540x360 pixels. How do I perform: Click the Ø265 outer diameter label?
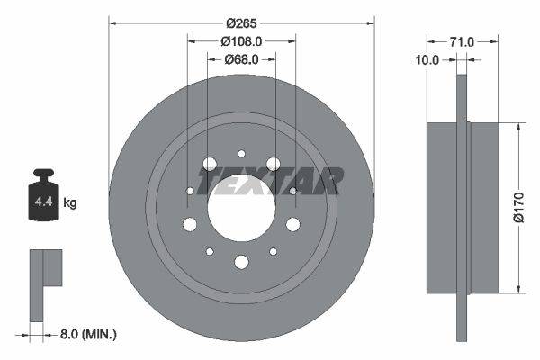point(241,22)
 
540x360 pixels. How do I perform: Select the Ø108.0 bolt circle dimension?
point(241,40)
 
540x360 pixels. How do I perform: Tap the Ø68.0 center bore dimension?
point(241,59)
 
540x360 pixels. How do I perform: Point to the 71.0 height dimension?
point(463,40)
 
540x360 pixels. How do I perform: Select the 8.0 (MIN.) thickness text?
point(87,334)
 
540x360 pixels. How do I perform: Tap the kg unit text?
point(70,203)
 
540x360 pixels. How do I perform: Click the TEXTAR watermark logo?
point(270,182)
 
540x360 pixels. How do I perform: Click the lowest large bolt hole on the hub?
point(241,262)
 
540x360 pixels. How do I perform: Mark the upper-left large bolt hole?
point(210,165)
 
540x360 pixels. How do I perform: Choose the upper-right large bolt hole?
point(273,165)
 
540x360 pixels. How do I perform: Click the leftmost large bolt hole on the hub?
point(190,224)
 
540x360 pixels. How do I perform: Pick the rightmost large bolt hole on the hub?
point(292,224)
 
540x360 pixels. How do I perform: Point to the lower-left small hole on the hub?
point(210,252)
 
